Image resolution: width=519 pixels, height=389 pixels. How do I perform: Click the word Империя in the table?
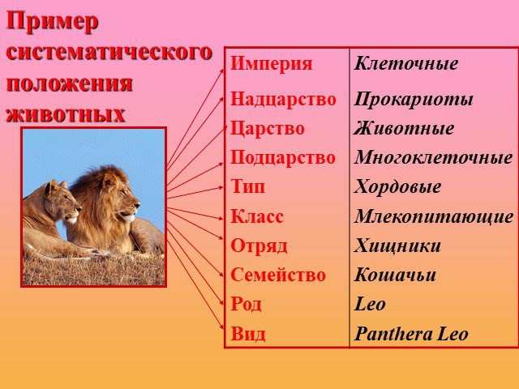click(271, 64)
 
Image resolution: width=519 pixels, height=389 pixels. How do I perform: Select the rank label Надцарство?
click(283, 99)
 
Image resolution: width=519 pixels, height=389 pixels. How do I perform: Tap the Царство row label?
click(267, 129)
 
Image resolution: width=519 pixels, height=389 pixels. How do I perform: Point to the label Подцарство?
click(283, 158)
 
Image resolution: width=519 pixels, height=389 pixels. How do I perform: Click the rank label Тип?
click(247, 186)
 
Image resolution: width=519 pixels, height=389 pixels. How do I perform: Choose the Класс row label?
click(257, 217)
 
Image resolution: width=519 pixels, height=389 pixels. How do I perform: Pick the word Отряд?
click(259, 246)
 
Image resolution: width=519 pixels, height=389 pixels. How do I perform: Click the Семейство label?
click(278, 276)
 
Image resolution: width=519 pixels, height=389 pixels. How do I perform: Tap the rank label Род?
click(246, 305)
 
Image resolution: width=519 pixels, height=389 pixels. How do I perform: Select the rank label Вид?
click(248, 334)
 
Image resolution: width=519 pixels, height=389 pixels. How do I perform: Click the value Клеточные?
click(406, 63)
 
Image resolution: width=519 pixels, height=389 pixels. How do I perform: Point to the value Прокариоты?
click(414, 100)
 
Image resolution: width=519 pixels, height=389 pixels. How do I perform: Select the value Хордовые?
click(397, 187)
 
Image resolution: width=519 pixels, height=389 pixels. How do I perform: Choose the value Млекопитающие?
click(434, 217)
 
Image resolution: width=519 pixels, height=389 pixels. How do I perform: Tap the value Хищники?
click(397, 246)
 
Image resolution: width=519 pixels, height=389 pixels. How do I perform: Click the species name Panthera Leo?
click(411, 334)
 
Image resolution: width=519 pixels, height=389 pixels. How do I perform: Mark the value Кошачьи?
click(395, 276)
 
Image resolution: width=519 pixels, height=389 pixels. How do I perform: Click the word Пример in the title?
click(52, 23)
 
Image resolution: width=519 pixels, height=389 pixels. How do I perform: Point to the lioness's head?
click(63, 201)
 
